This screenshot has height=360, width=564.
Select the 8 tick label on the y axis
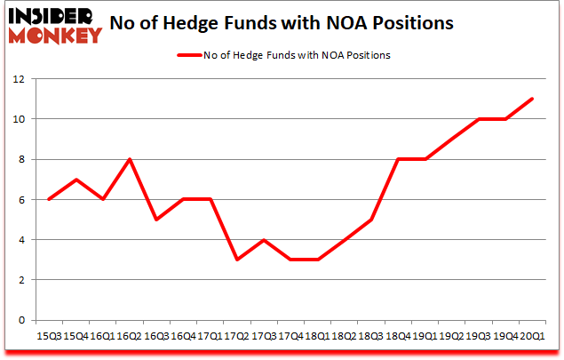(18, 159)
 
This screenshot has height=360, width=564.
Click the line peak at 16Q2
(130, 159)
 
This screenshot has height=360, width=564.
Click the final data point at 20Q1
(531, 99)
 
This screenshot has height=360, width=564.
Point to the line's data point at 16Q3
(156, 220)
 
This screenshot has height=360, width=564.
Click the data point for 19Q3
(478, 119)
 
